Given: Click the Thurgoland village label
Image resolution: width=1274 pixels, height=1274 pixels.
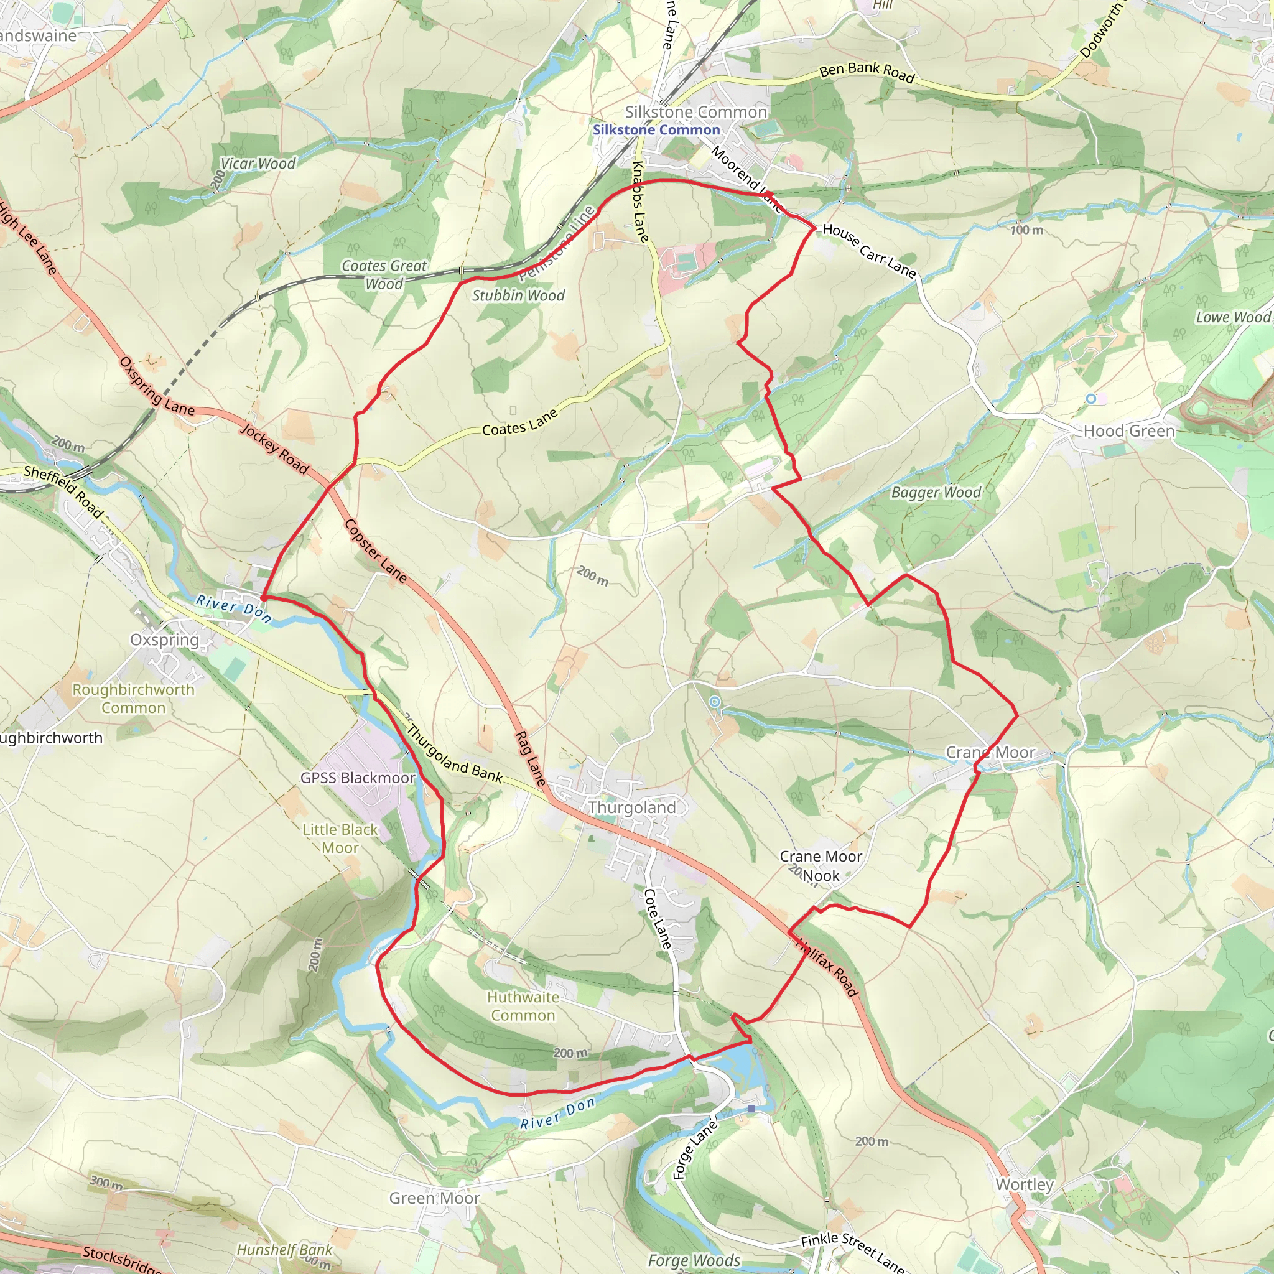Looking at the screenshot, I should point(632,807).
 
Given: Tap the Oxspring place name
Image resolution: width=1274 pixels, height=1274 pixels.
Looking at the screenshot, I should point(164,639).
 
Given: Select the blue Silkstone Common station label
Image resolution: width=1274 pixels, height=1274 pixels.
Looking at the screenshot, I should point(656,130).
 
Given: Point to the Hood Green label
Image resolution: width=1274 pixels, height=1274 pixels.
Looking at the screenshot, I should point(1129,430).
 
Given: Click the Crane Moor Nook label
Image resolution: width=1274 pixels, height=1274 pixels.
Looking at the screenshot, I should point(821,866).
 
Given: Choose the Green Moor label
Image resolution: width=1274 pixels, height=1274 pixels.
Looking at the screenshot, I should point(434,1197).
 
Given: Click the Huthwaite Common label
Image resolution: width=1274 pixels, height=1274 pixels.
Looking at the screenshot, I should point(523,1007).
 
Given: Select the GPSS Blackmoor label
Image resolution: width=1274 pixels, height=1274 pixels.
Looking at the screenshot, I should point(358,778).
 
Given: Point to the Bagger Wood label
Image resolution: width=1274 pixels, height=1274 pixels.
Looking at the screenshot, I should point(936,492).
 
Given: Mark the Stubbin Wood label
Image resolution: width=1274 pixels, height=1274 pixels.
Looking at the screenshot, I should point(518,295).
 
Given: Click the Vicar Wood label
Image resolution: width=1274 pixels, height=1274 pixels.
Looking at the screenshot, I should point(258,164).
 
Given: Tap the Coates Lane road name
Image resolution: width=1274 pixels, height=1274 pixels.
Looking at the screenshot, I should point(519,422).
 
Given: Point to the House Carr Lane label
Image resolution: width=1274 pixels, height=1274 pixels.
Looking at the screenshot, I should point(869,251).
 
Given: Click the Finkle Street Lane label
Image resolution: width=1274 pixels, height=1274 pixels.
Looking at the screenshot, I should point(852,1251).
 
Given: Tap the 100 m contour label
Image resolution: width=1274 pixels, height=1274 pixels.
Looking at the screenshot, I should point(1026,230).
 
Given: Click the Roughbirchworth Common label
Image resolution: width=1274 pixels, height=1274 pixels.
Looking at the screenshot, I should point(133,699).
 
